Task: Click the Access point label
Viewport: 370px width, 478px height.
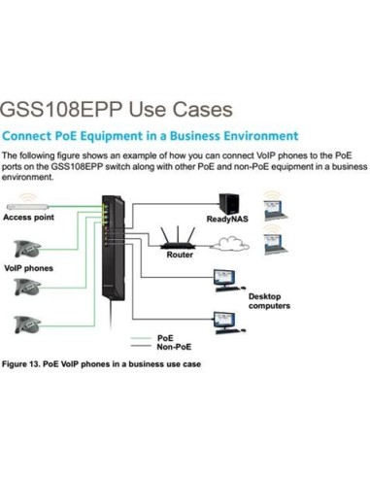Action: tap(29, 219)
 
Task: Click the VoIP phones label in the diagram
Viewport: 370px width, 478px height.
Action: tap(29, 267)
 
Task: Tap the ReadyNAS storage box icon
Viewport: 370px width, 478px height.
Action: tap(230, 204)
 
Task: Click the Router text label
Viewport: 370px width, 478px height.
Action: tap(180, 256)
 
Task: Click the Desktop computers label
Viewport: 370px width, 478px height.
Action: tap(269, 301)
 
